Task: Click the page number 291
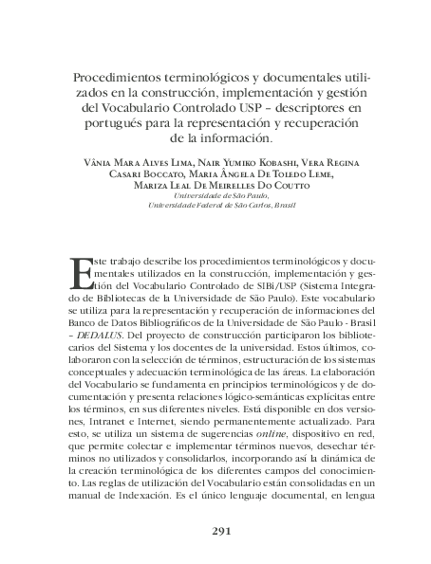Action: (217, 532)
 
